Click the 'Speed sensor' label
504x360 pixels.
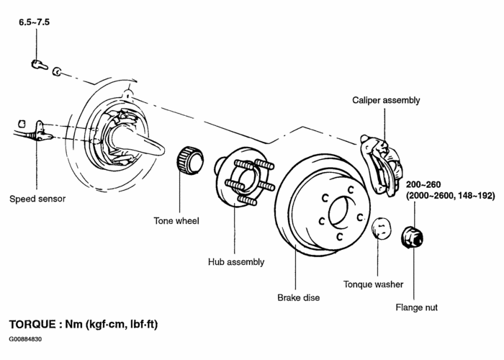pos(37,199)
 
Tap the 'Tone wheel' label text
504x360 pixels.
pos(176,220)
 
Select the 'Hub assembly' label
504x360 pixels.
pos(236,262)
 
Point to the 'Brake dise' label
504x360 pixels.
pos(298,297)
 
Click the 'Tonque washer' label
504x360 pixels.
pos(373,284)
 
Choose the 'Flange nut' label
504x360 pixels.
pos(417,307)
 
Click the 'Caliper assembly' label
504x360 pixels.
pos(386,101)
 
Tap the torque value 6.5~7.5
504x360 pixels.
pos(35,23)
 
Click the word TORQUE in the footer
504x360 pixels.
pos(34,325)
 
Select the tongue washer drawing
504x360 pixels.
pos(381,229)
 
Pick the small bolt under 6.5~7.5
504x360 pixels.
pos(38,66)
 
